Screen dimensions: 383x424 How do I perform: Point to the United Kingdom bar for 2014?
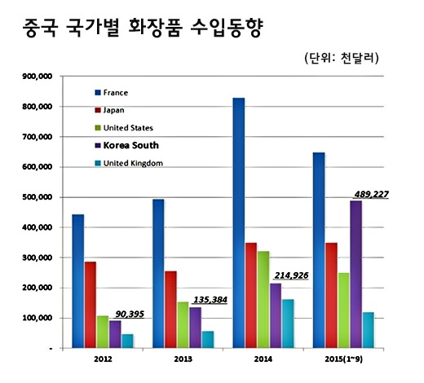[x=288, y=324]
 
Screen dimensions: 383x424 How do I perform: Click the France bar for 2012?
[x=78, y=281]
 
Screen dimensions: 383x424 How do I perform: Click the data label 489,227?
[x=372, y=194]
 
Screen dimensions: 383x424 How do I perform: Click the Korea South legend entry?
[x=130, y=145]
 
